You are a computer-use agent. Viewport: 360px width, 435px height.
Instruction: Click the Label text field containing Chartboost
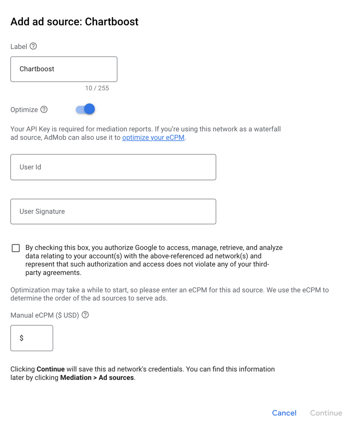pos(64,69)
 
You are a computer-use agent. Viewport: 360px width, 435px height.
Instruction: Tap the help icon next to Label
pos(33,46)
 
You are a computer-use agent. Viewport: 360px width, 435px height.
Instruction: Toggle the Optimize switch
pos(85,109)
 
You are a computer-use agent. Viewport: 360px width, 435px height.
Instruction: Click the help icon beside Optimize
pos(44,110)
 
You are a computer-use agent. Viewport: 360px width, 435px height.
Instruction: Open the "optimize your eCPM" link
pos(153,137)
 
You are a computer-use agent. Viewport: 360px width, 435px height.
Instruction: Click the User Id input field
pos(113,167)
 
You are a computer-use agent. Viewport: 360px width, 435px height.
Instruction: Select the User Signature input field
pos(113,211)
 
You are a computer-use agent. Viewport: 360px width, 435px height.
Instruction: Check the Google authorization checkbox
pos(16,248)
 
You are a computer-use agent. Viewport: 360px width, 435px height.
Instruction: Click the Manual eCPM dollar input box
pos(32,338)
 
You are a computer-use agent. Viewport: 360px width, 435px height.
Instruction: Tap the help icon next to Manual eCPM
pos(85,315)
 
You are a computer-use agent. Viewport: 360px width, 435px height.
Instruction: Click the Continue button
pos(326,413)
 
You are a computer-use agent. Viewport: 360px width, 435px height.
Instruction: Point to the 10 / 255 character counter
pos(97,88)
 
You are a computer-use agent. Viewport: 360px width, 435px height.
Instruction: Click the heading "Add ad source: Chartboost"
pos(74,22)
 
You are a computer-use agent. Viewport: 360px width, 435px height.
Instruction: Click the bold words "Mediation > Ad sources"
pos(97,378)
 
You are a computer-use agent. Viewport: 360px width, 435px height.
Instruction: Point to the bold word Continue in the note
pos(51,369)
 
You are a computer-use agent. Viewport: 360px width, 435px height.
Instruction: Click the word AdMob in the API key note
pos(55,137)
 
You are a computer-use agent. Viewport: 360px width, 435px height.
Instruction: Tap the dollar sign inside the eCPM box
pos(21,338)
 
